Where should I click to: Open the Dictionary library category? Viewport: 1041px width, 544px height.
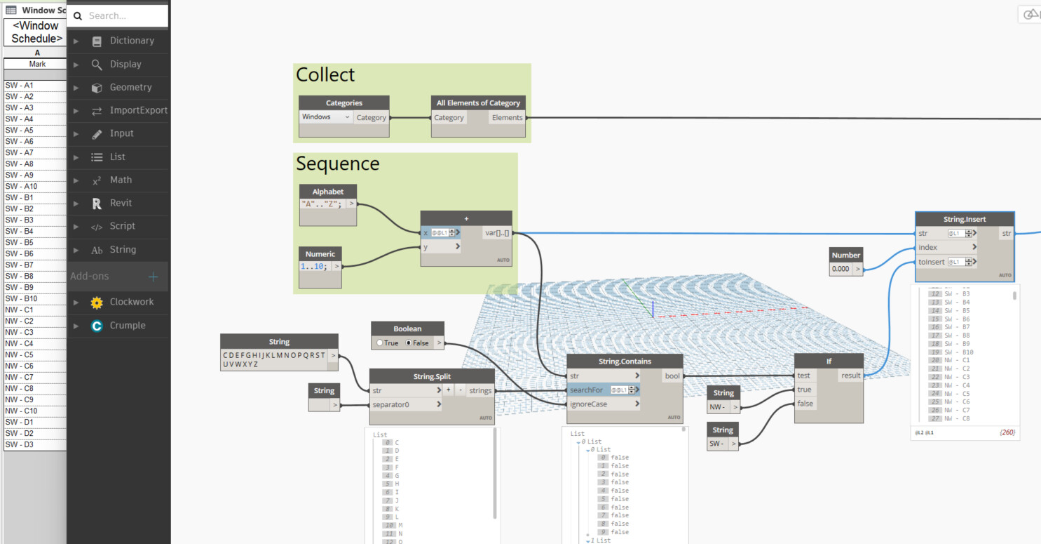click(x=131, y=41)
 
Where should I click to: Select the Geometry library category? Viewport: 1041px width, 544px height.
click(x=130, y=87)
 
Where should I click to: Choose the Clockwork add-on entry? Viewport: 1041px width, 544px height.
click(x=131, y=302)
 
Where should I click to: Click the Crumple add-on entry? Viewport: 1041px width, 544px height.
click(x=127, y=326)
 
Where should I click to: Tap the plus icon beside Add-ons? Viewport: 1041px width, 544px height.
click(x=153, y=277)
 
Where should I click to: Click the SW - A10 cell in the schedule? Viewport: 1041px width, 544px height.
click(x=22, y=187)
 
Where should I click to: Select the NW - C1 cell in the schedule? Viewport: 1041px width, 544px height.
click(x=20, y=310)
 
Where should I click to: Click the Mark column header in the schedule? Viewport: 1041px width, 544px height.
click(x=37, y=64)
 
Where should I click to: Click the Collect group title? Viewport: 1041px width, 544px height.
click(x=325, y=75)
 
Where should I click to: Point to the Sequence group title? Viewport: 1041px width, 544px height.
click(x=337, y=164)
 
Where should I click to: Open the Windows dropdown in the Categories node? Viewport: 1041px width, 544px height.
click(x=326, y=117)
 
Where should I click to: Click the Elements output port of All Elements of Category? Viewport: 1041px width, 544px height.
click(x=507, y=117)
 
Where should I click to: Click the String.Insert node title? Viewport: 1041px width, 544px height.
click(x=964, y=219)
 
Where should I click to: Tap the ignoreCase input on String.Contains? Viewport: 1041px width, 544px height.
click(x=589, y=404)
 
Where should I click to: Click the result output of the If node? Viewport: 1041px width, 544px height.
click(x=850, y=376)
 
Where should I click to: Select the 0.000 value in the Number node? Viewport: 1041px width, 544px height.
click(x=840, y=269)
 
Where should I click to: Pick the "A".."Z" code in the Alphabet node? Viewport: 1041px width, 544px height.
click(x=322, y=204)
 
